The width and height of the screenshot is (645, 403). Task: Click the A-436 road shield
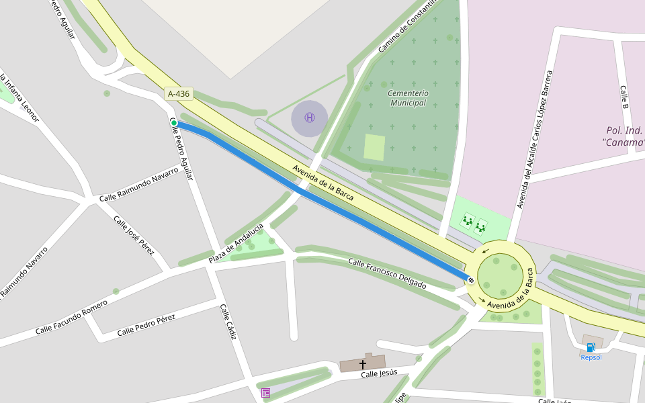[179, 94]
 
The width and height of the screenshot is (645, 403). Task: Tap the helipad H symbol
[309, 118]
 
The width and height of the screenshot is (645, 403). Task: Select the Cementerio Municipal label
[408, 98]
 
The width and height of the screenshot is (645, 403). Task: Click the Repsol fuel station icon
[591, 347]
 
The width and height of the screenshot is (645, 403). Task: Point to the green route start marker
[174, 123]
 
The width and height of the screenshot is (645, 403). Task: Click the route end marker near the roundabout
[471, 280]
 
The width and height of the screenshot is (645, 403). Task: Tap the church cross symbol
[363, 364]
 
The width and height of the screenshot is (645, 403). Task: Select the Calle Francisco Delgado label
[387, 273]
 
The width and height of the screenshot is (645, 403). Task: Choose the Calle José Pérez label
[134, 236]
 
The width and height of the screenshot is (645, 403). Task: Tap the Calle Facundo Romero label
[71, 318]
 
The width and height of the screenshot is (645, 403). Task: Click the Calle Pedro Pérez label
[146, 325]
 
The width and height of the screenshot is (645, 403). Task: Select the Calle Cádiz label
[228, 321]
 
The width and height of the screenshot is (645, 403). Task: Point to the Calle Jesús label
[379, 373]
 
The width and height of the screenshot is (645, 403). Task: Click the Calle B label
[623, 98]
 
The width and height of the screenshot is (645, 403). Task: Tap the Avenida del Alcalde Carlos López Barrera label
[533, 139]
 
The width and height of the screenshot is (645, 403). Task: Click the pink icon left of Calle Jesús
[266, 392]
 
